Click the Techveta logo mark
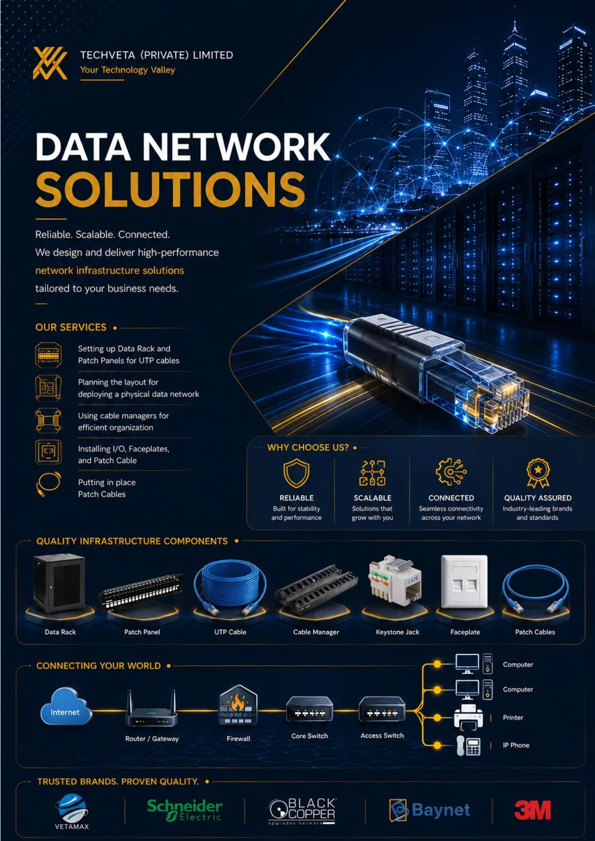(x=50, y=63)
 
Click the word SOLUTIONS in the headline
(x=170, y=189)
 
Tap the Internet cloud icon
(x=65, y=706)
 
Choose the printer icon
(x=468, y=718)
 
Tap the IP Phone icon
(x=469, y=746)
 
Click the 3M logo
(x=533, y=810)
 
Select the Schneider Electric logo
(x=184, y=810)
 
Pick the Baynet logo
(x=429, y=810)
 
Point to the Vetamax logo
(x=72, y=812)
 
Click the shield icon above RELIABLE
(x=297, y=473)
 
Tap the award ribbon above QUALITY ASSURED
(x=538, y=473)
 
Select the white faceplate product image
(x=464, y=582)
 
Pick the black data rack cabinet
(x=59, y=583)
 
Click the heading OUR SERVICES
(x=71, y=328)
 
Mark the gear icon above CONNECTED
(x=451, y=472)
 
